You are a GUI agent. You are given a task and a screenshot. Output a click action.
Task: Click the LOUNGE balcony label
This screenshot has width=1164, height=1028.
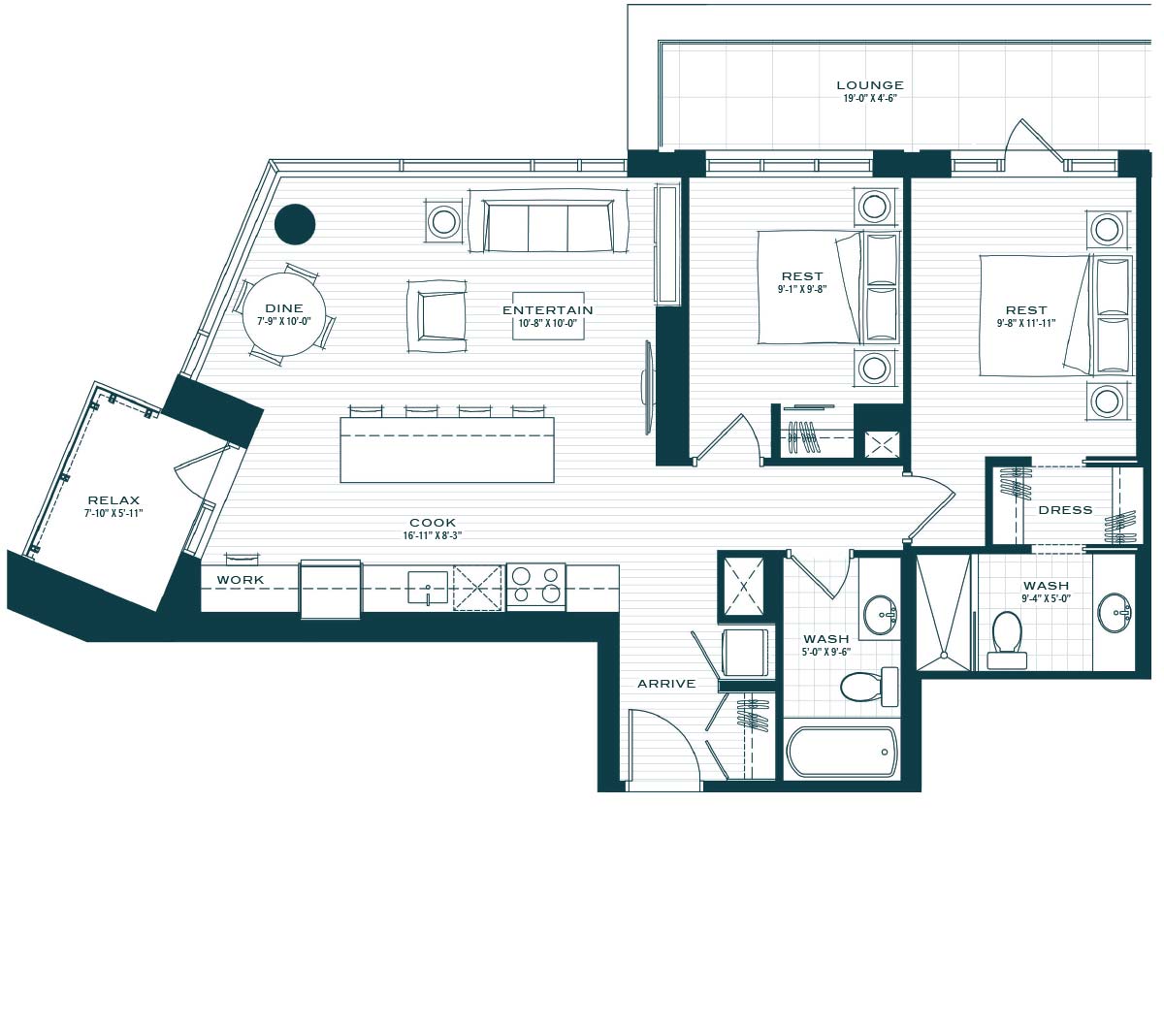click(x=870, y=85)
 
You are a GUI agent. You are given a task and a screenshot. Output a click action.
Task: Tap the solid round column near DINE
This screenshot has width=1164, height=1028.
click(x=295, y=224)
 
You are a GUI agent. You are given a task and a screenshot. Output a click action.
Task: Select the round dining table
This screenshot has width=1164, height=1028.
click(x=284, y=314)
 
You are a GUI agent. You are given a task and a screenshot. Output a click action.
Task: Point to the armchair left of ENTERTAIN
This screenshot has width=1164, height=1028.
click(x=436, y=316)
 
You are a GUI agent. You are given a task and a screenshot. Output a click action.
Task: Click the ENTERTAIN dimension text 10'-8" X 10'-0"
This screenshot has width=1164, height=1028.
click(x=547, y=323)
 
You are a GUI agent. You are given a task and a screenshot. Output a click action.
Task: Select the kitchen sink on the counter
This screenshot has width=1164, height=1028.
click(x=428, y=588)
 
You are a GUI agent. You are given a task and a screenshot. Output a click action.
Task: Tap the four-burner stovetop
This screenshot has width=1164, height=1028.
click(x=536, y=586)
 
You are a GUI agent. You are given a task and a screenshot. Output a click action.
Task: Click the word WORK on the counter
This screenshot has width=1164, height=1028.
click(x=241, y=580)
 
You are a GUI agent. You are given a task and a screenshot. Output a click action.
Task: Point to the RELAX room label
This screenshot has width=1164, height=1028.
click(x=113, y=499)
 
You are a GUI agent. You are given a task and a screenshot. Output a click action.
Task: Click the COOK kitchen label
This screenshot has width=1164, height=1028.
click(x=433, y=523)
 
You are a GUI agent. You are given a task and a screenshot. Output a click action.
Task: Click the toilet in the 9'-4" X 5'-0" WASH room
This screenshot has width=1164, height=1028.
click(x=1007, y=639)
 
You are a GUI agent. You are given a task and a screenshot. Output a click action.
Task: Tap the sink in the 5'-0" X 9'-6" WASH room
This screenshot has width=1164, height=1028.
click(x=880, y=615)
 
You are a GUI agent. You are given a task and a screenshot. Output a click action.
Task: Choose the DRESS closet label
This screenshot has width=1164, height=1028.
click(x=1065, y=510)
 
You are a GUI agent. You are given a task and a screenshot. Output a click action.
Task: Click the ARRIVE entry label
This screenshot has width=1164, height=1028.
click(x=666, y=684)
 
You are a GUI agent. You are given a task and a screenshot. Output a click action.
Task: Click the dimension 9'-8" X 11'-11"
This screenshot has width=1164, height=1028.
click(x=1026, y=323)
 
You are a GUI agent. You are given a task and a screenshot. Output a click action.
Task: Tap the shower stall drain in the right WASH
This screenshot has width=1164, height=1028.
click(x=944, y=655)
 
